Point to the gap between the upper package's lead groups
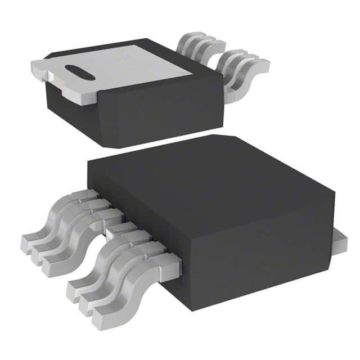click(x=217, y=53)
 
